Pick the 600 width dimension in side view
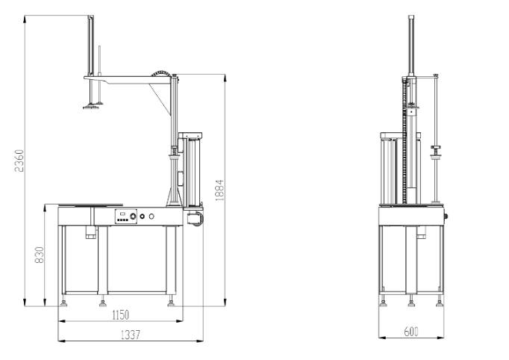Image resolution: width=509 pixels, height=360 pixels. [411, 332]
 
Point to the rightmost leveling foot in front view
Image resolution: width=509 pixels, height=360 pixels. [172, 303]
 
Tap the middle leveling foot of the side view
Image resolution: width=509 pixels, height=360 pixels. [411, 302]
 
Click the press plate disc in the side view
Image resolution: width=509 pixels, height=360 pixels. [437, 155]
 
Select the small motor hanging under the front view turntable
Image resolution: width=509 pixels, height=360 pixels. [92, 233]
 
